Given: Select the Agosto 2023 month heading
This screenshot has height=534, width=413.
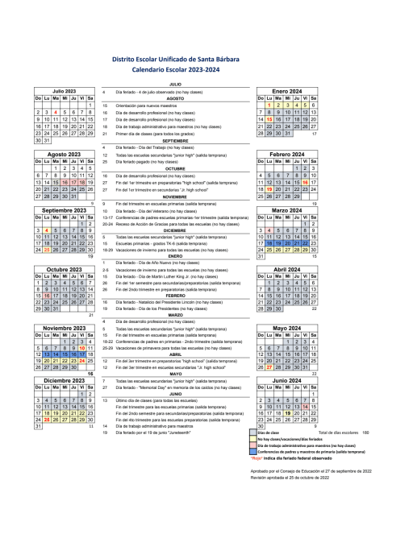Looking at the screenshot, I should click(64, 154).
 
